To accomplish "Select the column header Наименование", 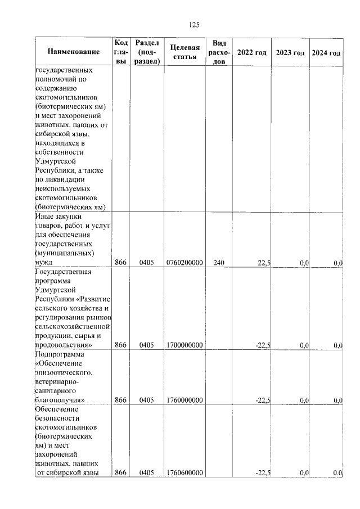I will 74,52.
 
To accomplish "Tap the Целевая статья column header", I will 184,52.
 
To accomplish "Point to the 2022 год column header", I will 251,52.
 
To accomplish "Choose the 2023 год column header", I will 290,52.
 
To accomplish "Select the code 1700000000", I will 184,345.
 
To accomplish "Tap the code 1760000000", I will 184,400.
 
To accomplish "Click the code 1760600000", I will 184,473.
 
